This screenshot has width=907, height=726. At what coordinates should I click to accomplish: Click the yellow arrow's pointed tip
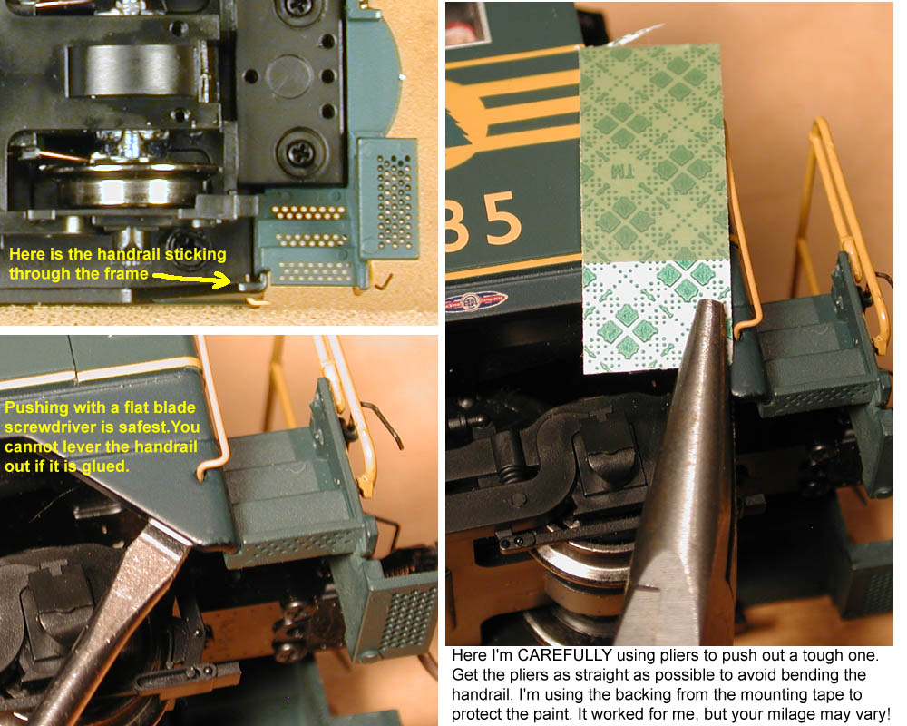click(x=230, y=282)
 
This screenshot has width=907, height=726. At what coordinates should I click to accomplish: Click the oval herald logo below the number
click(x=477, y=301)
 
